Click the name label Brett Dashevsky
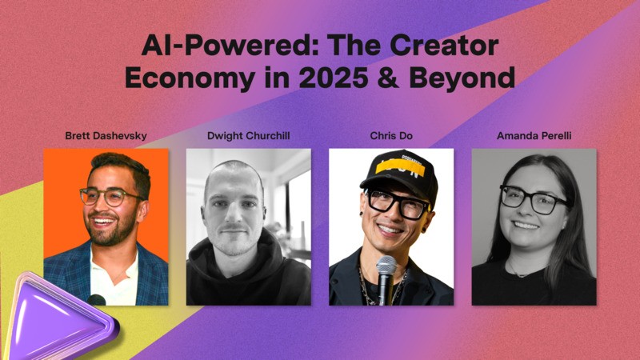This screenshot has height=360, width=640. (x=106, y=136)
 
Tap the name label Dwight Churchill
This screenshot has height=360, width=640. (x=249, y=136)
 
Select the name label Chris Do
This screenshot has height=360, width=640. (x=391, y=136)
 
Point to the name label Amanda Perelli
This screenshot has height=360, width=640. (x=534, y=136)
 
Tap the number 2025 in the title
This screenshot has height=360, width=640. (x=333, y=78)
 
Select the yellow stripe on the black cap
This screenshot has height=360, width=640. (x=400, y=168)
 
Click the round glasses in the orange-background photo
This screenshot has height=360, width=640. (x=110, y=197)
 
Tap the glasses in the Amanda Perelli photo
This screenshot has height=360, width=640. (x=533, y=199)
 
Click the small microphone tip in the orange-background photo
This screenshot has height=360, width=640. (x=96, y=300)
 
